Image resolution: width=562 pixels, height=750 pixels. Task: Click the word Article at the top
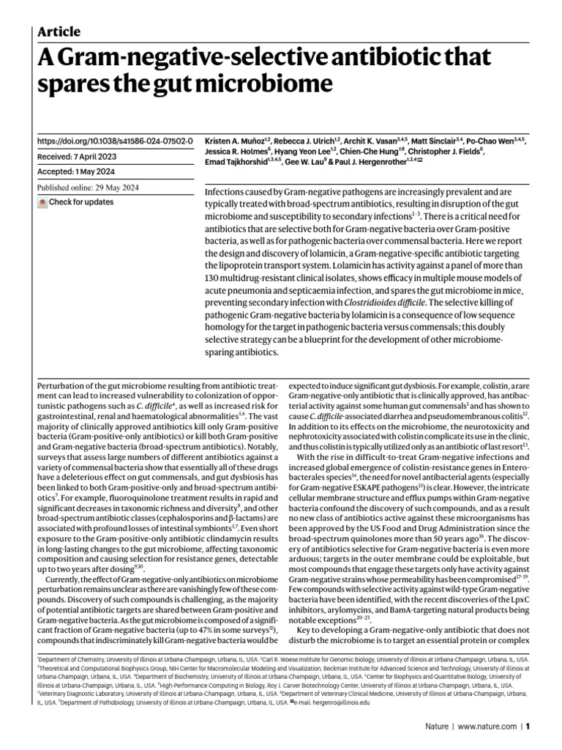pyautogui.click(x=59, y=31)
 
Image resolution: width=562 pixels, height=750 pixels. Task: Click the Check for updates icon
pyautogui.click(x=42, y=201)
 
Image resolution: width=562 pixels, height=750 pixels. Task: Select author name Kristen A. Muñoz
pyautogui.click(x=234, y=139)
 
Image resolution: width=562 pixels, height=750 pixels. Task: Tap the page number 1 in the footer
pyautogui.click(x=527, y=727)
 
